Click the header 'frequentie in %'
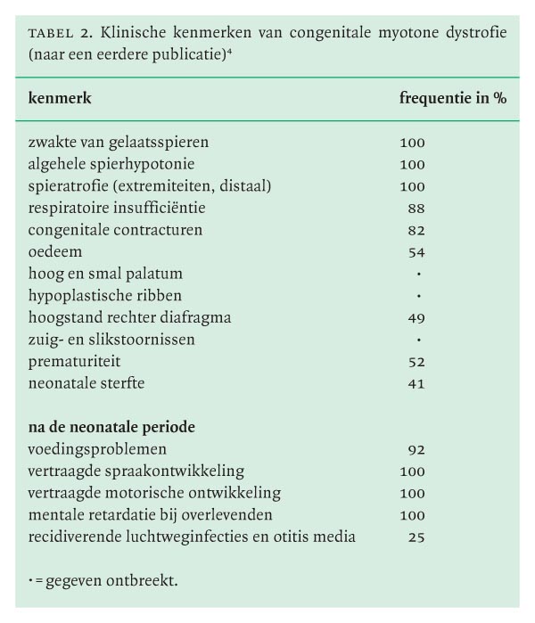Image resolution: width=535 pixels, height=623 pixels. click(x=452, y=99)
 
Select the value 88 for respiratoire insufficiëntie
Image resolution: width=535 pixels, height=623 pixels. click(x=416, y=208)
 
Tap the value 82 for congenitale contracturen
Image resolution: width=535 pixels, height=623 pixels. click(x=416, y=230)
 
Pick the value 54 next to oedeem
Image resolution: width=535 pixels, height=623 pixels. click(x=416, y=252)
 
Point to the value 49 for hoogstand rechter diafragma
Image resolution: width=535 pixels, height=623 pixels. click(x=416, y=318)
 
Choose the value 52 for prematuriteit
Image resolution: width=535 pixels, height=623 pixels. click(x=416, y=362)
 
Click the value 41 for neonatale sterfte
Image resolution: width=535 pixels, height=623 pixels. click(x=416, y=384)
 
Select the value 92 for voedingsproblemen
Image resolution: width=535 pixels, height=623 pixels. click(x=416, y=449)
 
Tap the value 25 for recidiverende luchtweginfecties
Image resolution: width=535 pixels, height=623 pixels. click(x=416, y=537)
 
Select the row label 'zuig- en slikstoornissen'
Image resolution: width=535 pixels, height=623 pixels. click(x=111, y=340)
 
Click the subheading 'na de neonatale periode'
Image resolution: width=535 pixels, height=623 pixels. click(x=111, y=427)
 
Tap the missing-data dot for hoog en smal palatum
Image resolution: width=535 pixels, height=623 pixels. click(x=418, y=275)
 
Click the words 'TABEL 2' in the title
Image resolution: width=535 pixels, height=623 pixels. click(x=61, y=34)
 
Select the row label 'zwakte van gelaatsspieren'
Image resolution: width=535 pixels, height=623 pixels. click(x=118, y=142)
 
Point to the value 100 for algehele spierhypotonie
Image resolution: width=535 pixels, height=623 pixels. click(x=412, y=164)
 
